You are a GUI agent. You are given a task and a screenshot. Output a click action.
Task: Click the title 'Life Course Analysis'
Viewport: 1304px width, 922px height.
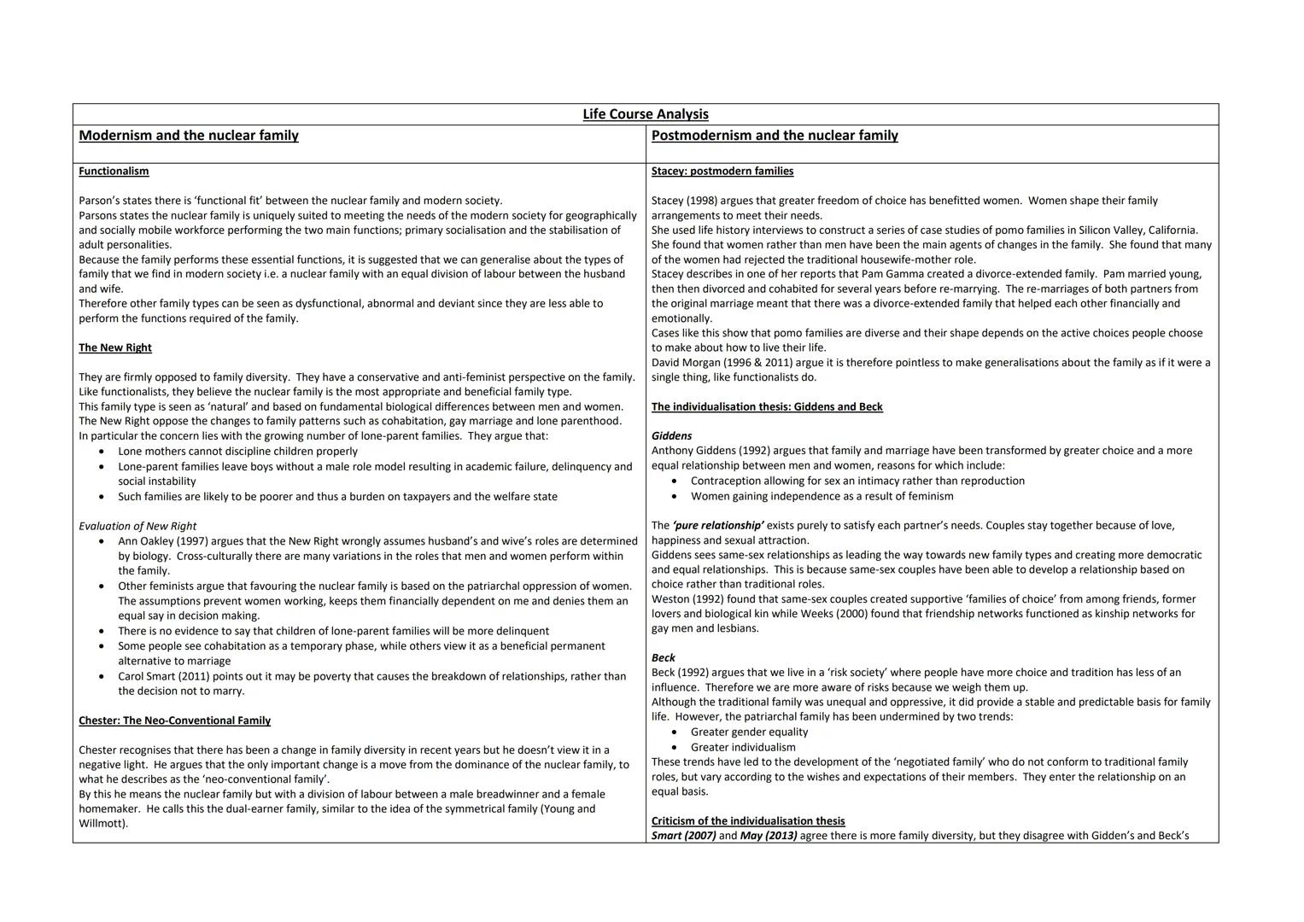646,114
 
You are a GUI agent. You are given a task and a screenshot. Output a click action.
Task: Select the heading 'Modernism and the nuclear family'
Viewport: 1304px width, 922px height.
189,136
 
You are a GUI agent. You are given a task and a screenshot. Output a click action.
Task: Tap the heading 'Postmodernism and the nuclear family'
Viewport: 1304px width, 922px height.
775,136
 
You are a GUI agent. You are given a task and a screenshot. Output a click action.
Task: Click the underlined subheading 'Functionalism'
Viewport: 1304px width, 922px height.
114,172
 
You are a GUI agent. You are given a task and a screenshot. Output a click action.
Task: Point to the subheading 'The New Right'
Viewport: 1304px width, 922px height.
115,348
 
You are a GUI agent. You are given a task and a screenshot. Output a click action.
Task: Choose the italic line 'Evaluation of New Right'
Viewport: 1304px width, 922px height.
137,527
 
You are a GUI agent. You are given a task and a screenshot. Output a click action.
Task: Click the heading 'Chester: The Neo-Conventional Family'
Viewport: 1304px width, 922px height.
174,721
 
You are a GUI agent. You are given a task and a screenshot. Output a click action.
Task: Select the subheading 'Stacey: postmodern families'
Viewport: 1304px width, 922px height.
722,172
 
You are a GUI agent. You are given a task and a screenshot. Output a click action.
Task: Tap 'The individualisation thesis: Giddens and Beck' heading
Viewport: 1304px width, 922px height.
767,407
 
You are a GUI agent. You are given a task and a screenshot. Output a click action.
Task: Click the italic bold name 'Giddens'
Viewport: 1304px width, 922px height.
672,436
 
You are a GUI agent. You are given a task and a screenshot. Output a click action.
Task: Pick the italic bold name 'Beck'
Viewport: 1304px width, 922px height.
664,658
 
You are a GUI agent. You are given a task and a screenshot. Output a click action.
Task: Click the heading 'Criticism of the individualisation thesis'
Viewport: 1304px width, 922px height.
748,821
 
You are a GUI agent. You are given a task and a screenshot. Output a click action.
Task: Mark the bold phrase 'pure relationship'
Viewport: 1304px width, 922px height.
718,526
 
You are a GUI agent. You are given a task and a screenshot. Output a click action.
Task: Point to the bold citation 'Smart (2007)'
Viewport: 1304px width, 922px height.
684,836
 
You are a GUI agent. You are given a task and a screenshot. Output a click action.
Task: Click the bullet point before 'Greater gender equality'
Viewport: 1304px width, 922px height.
675,732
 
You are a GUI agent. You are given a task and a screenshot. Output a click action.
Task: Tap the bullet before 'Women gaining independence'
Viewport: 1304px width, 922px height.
675,497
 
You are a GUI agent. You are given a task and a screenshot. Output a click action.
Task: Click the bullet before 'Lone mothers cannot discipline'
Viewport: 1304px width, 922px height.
102,452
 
